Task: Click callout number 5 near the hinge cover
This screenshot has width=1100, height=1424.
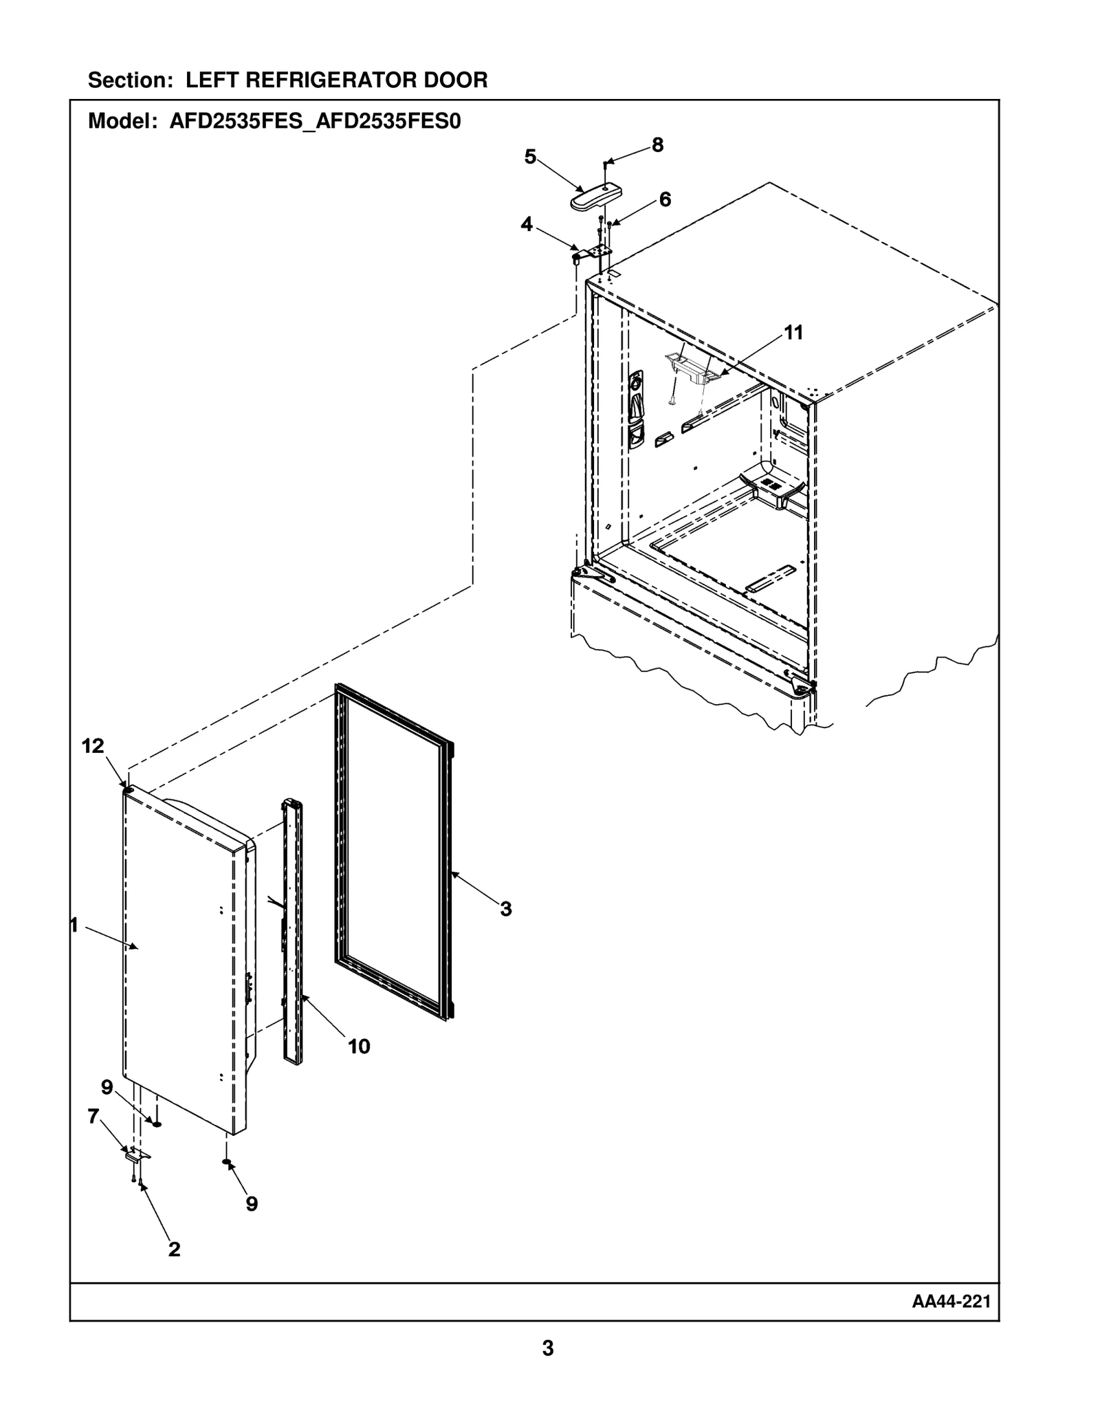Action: pyautogui.click(x=530, y=157)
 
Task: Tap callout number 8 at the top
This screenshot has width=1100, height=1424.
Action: pyautogui.click(x=657, y=145)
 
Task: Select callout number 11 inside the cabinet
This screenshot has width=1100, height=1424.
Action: pyautogui.click(x=793, y=333)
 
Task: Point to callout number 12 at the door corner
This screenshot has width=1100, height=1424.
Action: pyautogui.click(x=93, y=745)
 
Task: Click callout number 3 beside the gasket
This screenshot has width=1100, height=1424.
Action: pyautogui.click(x=506, y=909)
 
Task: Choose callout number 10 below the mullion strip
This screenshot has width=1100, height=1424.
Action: pyautogui.click(x=359, y=1047)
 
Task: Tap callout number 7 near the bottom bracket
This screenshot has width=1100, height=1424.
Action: pyautogui.click(x=93, y=1117)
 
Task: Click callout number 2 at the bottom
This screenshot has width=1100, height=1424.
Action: pyautogui.click(x=174, y=1249)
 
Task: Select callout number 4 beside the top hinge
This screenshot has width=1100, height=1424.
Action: pyautogui.click(x=526, y=224)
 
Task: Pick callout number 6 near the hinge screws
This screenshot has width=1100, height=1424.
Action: pyautogui.click(x=665, y=199)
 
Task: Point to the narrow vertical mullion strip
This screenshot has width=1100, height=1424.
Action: pyautogui.click(x=292, y=935)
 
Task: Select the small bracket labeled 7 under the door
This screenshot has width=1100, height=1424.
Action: pyautogui.click(x=137, y=1156)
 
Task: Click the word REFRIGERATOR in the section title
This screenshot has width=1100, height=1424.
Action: pyautogui.click(x=331, y=80)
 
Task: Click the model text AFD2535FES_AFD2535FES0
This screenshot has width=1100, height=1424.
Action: pyautogui.click(x=315, y=122)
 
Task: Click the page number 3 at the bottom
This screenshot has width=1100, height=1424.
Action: pyautogui.click(x=547, y=1348)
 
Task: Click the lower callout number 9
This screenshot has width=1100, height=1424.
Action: pyautogui.click(x=252, y=1204)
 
